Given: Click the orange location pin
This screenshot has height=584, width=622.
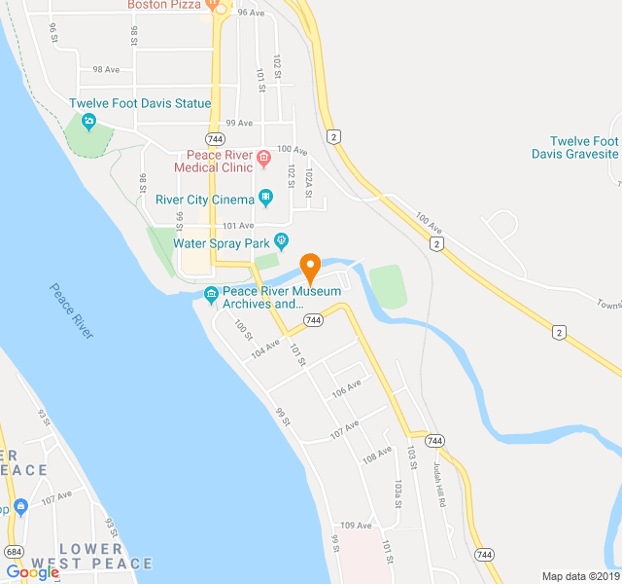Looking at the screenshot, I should point(310,264).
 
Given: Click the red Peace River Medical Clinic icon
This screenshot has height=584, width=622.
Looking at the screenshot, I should point(262,157).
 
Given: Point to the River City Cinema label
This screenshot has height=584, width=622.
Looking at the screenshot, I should point(205,200).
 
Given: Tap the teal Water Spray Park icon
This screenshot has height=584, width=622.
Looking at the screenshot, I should point(282,239).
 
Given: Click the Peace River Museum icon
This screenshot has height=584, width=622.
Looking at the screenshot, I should point(211,295).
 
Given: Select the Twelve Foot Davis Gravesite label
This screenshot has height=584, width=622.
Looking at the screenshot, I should point(575,147).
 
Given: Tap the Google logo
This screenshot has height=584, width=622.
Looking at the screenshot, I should point(32,572).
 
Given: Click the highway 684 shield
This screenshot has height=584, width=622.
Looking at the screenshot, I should point(14,552).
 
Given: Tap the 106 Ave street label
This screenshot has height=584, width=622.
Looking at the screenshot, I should point(346,386).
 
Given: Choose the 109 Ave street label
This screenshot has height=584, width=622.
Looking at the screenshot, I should point(356,526).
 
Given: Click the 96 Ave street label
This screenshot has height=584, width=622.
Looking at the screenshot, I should point(251,13).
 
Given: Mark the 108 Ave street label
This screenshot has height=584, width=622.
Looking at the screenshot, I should point(377,454).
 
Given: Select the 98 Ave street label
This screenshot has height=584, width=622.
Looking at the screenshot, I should point(105,70).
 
